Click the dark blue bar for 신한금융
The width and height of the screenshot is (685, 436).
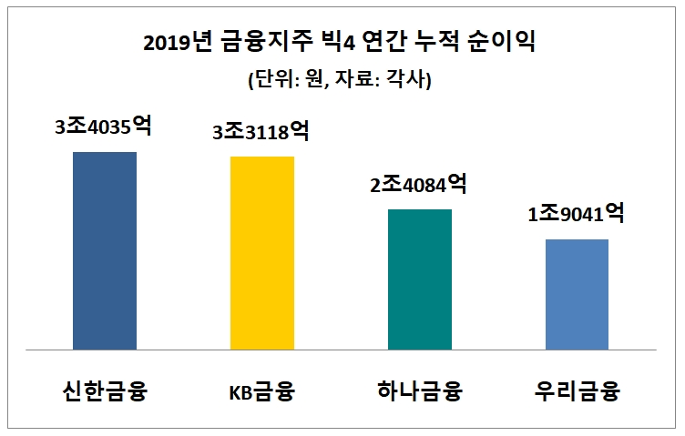click(105, 250)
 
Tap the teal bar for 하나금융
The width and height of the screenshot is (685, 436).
click(420, 279)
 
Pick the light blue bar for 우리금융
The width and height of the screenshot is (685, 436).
click(577, 294)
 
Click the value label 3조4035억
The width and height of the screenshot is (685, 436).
click(103, 127)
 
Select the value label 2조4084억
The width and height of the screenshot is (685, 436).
click(419, 185)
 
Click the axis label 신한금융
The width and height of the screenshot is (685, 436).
click(105, 393)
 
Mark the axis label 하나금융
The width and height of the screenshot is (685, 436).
click(420, 393)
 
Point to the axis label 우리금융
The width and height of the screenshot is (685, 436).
click(577, 393)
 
